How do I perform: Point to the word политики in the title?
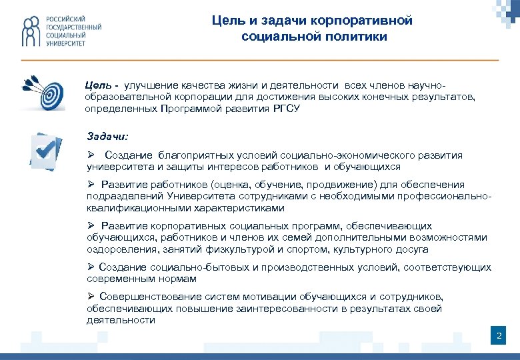point(361,37)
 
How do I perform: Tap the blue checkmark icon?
point(46,149)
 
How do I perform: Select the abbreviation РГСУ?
point(287,108)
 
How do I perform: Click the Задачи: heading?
point(107,136)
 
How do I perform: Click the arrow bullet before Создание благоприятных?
point(91,155)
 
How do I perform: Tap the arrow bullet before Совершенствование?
point(91,296)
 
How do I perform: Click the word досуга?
point(408,249)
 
